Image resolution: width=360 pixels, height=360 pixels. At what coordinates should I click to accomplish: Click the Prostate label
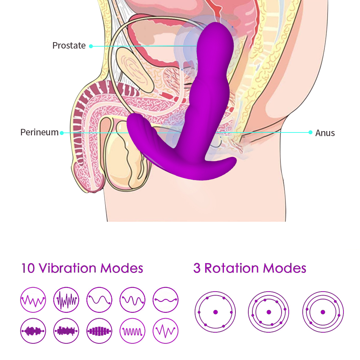point(69,46)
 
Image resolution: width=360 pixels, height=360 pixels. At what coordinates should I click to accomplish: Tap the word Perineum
point(39,132)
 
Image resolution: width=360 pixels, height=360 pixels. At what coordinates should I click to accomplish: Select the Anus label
point(325,133)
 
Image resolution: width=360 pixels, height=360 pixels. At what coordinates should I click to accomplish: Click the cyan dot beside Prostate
point(91,46)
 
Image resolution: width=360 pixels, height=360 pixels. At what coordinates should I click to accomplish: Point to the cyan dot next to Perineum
point(62,133)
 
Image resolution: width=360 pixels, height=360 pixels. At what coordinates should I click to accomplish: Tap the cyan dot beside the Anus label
point(310,132)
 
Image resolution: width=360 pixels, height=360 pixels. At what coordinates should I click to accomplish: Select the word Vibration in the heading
point(67,268)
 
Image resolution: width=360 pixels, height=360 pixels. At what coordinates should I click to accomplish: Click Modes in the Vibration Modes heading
point(122,268)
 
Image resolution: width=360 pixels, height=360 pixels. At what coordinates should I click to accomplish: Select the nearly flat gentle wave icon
point(166,300)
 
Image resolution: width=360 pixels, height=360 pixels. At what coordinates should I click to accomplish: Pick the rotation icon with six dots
point(215,312)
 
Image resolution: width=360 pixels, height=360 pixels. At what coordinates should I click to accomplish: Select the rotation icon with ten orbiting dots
point(269,312)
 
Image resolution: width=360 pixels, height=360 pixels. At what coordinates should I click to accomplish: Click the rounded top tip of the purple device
point(218,29)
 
